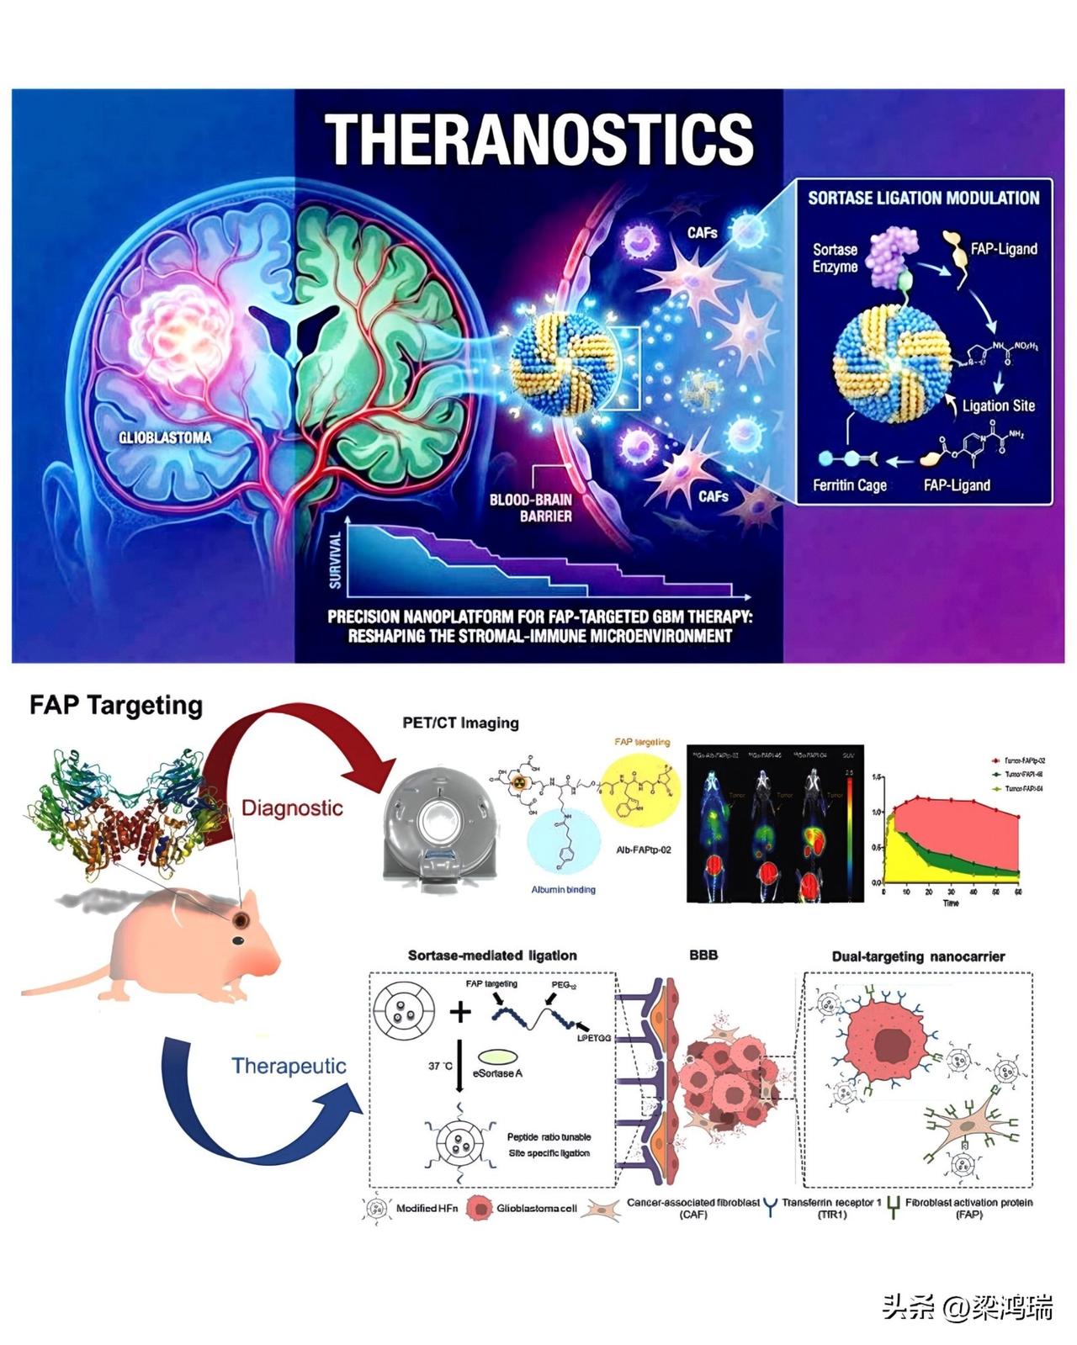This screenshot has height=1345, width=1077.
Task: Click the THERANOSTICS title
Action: pos(538,140)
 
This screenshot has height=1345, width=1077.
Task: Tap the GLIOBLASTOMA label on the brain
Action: pos(165,437)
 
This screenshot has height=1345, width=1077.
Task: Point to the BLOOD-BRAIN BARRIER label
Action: pos(531,507)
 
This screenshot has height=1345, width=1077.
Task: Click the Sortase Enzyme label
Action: pos(835,258)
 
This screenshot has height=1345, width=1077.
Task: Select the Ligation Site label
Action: pos(998,405)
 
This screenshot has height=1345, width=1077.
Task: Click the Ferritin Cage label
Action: pos(849,485)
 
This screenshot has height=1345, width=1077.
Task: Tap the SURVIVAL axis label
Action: pos(335,559)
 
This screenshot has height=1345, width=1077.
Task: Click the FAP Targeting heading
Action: pos(116,705)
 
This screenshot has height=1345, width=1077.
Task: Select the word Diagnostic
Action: pos(292,808)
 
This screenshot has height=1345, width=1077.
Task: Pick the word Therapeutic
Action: pos(289,1066)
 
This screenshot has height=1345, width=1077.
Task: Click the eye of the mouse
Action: pos(240,919)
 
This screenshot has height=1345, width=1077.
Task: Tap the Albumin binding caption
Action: pos(563,889)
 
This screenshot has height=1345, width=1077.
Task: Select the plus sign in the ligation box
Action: pos(460,1011)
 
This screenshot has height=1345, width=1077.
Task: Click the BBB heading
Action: pos(703,956)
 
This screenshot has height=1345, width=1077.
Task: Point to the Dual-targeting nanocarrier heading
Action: pos(918,956)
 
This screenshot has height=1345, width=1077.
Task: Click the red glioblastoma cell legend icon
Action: pos(479,1209)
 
